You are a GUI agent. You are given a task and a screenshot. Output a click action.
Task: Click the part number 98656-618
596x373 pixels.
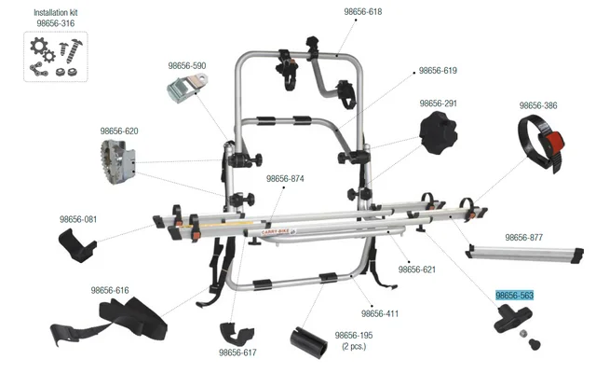[x=362, y=12]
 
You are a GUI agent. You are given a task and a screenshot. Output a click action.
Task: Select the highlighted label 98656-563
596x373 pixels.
[x=514, y=296]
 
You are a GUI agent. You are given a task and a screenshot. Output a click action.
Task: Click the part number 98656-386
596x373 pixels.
[x=538, y=105]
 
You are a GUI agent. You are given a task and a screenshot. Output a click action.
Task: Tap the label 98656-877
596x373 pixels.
[x=523, y=238]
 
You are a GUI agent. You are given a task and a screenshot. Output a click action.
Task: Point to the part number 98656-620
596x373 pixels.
[x=119, y=131]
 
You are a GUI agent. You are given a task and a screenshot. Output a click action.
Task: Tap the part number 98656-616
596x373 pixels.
[x=109, y=291]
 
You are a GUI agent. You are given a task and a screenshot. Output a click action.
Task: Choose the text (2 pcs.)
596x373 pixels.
[x=354, y=347]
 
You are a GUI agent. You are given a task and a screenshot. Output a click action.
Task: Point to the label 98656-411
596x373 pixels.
[x=379, y=313]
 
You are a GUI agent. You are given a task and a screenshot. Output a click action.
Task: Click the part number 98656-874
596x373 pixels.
[x=285, y=178]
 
